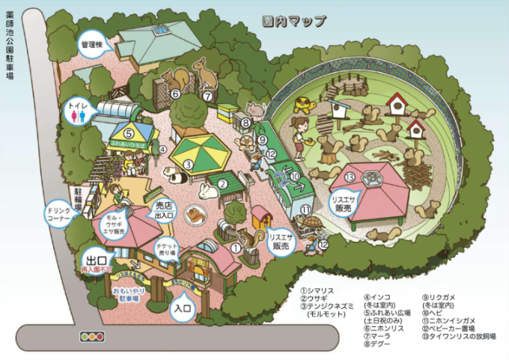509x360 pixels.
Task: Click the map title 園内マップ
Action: click(x=295, y=22)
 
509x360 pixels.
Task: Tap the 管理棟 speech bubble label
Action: click(x=91, y=45)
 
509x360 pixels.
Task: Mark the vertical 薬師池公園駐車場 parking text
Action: click(x=10, y=51)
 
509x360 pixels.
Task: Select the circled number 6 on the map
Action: click(x=174, y=94)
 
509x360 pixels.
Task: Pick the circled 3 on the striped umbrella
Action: click(x=189, y=164)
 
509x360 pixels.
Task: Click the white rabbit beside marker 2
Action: click(x=209, y=192)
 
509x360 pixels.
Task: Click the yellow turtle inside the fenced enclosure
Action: click(x=303, y=105)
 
